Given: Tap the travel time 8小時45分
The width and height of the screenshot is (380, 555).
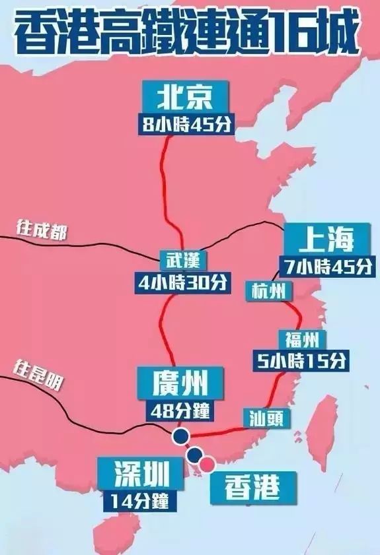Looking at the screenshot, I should coord(187,125).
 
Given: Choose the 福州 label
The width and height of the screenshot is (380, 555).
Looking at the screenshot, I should coord(303,341).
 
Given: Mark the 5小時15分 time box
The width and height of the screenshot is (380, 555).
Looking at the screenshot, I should coord(301,361).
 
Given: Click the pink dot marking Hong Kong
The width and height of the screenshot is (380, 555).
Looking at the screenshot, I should coord(208,464).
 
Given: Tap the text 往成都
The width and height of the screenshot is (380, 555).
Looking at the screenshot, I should coord(42,229).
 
